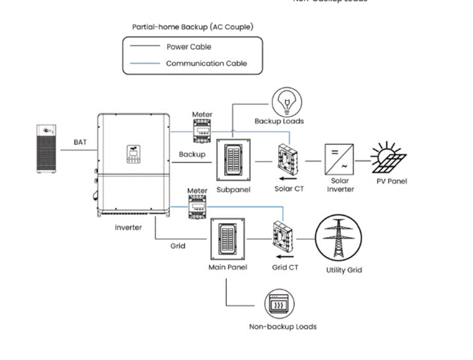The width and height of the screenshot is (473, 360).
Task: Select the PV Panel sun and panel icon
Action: coord(388,158)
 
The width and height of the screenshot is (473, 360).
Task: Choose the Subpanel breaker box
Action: coord(232,161)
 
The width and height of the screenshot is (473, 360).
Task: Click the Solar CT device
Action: coord(289,159)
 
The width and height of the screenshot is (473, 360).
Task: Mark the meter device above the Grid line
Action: coord(198,209)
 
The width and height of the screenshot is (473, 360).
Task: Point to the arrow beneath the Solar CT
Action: coord(288,178)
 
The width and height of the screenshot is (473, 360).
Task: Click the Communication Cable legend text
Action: coord(206,63)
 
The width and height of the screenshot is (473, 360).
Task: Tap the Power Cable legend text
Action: coord(189,47)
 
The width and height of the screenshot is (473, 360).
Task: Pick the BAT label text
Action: coord(80,142)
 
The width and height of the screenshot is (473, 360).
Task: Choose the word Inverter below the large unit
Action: coord(128,228)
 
